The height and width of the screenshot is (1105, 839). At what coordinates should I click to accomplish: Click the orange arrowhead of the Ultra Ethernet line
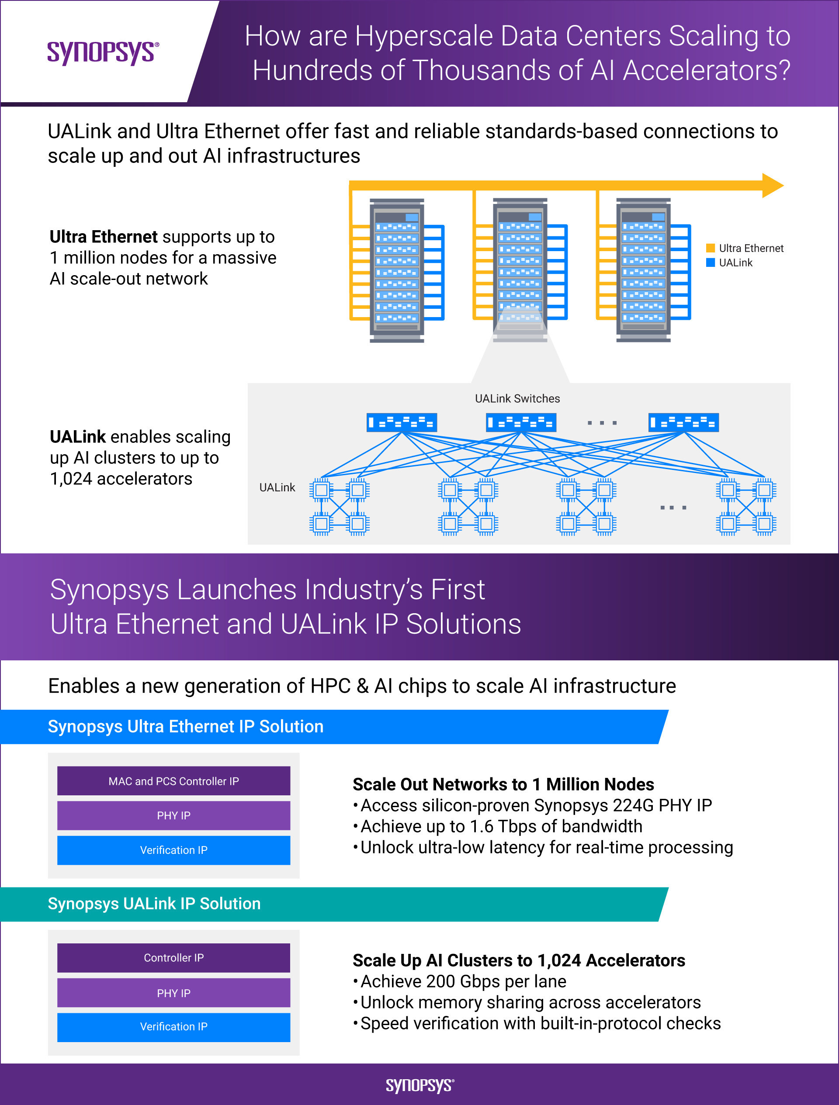point(772,186)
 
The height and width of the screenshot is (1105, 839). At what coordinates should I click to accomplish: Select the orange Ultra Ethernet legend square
point(710,248)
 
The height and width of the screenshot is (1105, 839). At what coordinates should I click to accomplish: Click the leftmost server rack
point(397,270)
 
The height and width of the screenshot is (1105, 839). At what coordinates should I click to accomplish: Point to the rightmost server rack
point(643,270)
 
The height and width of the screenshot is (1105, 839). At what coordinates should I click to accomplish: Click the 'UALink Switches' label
point(517,399)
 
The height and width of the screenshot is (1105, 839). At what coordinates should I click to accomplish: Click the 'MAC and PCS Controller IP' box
point(173,781)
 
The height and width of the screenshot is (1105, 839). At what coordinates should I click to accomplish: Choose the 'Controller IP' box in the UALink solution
point(173,958)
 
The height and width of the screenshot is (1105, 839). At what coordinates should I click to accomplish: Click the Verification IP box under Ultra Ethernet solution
point(173,850)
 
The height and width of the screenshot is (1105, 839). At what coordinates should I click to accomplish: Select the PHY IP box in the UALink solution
point(173,993)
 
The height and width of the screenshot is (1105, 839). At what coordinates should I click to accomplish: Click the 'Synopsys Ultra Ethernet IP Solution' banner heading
point(185,726)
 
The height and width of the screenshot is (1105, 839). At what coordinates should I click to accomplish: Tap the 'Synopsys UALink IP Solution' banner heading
point(154,904)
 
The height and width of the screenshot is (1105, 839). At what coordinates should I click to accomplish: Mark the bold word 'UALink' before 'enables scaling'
point(77,437)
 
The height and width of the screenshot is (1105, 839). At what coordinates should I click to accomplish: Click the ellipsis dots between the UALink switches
point(602,423)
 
